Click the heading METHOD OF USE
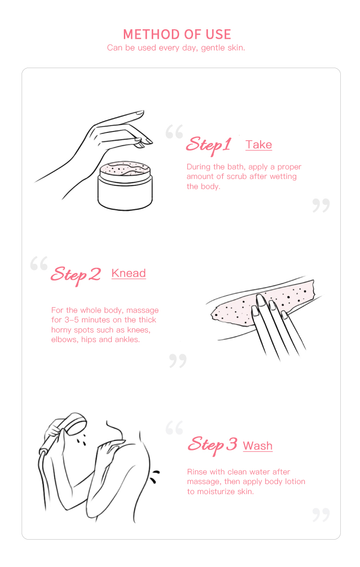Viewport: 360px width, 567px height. (177, 35)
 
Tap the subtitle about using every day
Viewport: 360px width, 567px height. (176, 48)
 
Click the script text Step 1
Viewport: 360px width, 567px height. (209, 145)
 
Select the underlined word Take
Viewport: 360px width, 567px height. (259, 145)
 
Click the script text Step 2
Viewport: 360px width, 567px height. (76, 275)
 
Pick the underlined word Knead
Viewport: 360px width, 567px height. (129, 273)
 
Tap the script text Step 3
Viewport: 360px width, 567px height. (212, 445)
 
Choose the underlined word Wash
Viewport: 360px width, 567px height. (258, 446)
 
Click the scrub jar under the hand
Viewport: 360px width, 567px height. (125, 186)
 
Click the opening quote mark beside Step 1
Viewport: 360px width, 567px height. (174, 131)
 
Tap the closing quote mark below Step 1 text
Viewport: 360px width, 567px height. (321, 205)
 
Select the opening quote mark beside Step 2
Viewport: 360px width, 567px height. (39, 263)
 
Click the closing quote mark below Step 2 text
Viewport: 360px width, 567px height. (178, 361)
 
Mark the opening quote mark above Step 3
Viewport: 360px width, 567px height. (174, 428)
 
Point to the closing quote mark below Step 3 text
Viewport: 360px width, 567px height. (321, 515)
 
